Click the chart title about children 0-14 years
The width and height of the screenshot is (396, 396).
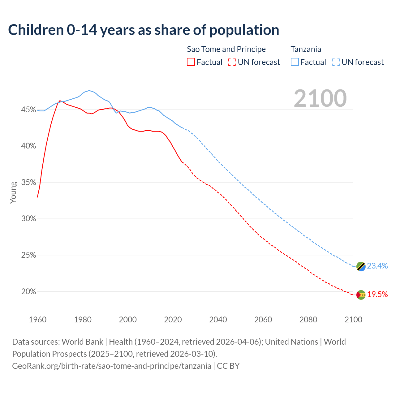click(x=144, y=30)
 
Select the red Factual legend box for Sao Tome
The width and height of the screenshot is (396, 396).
click(x=191, y=62)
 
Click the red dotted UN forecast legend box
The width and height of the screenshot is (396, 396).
click(x=232, y=62)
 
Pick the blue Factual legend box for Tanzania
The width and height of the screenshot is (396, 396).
click(x=295, y=62)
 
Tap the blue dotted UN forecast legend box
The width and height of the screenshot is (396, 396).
click(x=336, y=62)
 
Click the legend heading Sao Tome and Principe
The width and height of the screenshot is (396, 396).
click(x=226, y=49)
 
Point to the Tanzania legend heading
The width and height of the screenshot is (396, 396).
click(x=306, y=49)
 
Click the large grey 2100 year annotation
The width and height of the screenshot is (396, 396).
click(x=320, y=98)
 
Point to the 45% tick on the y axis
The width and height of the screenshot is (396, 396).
click(x=28, y=110)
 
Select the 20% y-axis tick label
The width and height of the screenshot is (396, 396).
click(x=28, y=291)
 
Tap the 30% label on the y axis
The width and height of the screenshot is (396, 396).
click(x=28, y=219)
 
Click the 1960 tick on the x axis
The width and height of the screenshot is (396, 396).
click(x=37, y=320)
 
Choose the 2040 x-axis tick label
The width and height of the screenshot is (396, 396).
click(x=218, y=320)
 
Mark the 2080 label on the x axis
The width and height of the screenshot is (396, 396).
click(x=308, y=320)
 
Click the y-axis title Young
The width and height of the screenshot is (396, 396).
click(x=13, y=192)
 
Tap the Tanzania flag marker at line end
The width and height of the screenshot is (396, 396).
click(x=361, y=266)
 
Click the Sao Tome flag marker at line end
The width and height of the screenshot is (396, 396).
click(x=361, y=295)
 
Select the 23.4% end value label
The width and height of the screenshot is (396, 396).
click(x=377, y=266)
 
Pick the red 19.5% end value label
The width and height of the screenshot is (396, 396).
click(x=377, y=294)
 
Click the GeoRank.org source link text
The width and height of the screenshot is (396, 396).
click(x=112, y=366)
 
